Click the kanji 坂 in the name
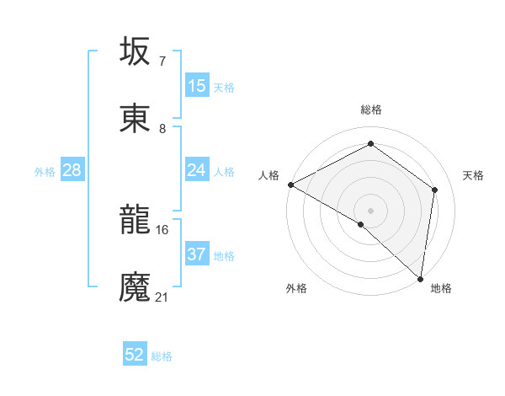pos(135,52)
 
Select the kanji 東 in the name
pos(135,119)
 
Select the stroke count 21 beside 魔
pos(162,297)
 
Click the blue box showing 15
pos(197,86)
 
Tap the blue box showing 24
pos(197,170)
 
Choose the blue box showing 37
pos(197,254)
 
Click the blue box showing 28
pos(72,170)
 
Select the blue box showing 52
pos(135,355)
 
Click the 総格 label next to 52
pos(162,356)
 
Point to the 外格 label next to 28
pos(45,172)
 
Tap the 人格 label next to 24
pos(224,172)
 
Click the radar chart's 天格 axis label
pos(474,175)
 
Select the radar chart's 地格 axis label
pos(441,288)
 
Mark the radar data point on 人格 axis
pos(290,185)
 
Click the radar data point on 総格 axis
pos(370,144)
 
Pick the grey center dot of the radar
pos(370,210)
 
